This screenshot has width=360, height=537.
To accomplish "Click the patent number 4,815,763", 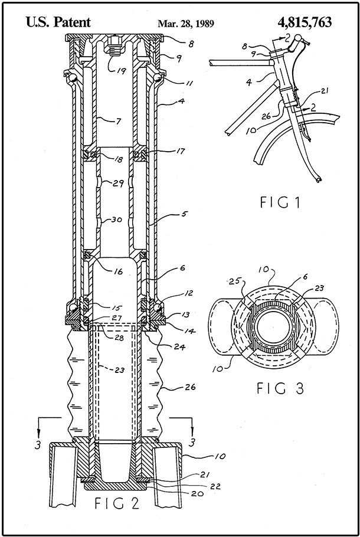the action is tap(305, 22).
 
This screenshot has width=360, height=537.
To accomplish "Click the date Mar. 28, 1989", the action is tap(186, 23).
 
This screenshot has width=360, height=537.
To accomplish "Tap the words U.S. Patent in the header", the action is tap(58, 22).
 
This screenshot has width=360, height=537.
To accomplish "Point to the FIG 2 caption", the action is tap(117, 504).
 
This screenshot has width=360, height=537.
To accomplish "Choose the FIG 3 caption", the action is tap(280, 388).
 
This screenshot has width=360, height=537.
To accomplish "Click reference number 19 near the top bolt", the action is tap(120, 71).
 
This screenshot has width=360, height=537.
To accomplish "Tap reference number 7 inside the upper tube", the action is tap(118, 121).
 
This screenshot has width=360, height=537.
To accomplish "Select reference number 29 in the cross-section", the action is tap(118, 183).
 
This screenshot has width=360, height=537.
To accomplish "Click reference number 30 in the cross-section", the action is tap(117, 220).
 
